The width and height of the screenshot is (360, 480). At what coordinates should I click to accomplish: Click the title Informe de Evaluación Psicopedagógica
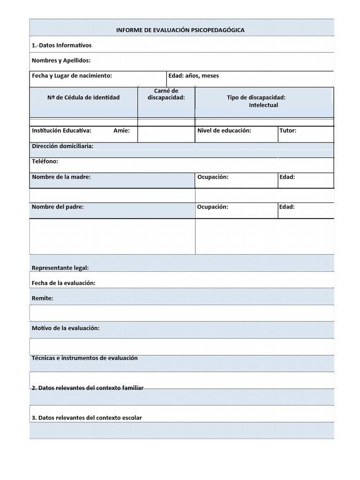pos(180,30)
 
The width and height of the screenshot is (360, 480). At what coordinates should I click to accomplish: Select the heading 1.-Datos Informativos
pos(61,45)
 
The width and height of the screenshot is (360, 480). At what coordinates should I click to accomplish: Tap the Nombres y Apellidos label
pos(61,60)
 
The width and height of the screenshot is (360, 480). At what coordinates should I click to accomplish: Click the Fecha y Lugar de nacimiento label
pos(72,75)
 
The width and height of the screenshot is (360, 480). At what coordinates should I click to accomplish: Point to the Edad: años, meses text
pos(194,75)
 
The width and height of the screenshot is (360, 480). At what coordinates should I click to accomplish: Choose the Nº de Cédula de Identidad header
pos(83,97)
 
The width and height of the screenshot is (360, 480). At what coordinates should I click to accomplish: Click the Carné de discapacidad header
pos(166,94)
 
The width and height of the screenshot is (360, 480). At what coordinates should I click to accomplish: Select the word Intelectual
pos(263,105)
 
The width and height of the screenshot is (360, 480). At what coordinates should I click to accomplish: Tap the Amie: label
pos(121,131)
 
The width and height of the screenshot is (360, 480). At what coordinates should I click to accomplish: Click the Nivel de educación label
pos(224,131)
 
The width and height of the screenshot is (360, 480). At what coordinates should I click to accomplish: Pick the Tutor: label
pos(288,131)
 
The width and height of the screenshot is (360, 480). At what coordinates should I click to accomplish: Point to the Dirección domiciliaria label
pos(62,146)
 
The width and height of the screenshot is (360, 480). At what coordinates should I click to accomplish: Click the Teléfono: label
pos(45,161)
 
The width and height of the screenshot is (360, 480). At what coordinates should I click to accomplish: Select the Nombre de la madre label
pos(61,177)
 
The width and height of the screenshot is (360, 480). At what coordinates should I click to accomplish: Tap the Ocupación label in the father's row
pos(212,207)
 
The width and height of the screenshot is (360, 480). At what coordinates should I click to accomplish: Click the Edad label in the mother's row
pos(287,177)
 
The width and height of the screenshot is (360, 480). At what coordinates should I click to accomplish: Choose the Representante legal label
pos(60,268)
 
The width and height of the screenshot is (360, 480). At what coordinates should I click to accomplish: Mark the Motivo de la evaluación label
pos(65,328)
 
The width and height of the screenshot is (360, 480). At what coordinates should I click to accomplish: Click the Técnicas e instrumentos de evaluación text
pos(84,358)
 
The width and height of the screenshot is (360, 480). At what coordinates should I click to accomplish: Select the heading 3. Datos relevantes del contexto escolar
pos(86,418)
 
